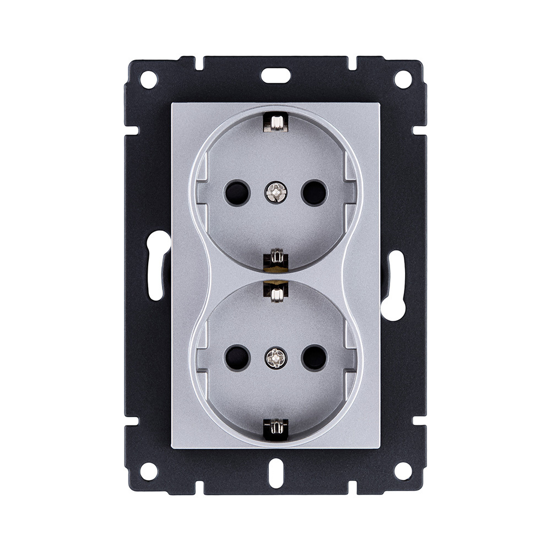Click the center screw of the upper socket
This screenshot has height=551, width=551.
click(x=275, y=192)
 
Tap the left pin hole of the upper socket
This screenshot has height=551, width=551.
click(x=237, y=192)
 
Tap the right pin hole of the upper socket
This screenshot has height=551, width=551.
click(x=314, y=192)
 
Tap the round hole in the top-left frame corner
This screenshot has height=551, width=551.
click(x=148, y=79)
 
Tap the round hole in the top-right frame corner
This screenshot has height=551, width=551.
click(x=403, y=79)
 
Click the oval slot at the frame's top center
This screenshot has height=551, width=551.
click(x=275, y=75)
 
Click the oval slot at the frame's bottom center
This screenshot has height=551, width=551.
click(x=275, y=476)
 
